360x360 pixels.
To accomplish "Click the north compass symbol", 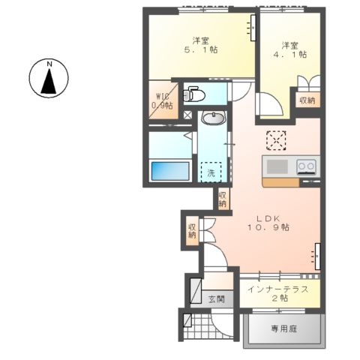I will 49,78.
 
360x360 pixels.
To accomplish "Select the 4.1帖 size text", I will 293,54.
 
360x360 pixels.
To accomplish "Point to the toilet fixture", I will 193,94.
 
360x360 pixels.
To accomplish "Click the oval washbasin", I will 214,118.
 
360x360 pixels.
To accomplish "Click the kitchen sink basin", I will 276,166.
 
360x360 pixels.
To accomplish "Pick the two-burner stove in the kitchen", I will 306,166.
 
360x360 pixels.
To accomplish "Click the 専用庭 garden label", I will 284,328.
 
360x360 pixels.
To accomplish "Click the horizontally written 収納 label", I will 307,100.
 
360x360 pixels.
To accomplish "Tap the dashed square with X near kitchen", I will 277,140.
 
